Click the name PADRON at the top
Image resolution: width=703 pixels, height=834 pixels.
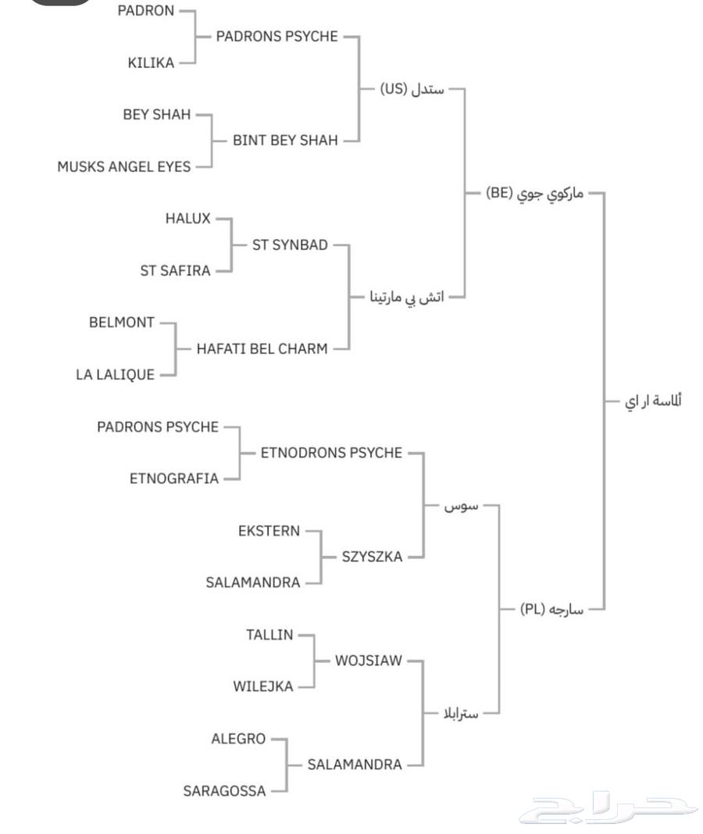(x=145, y=11)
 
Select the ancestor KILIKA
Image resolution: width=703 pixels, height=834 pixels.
(x=151, y=62)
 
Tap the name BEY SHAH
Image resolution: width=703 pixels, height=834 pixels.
(x=156, y=114)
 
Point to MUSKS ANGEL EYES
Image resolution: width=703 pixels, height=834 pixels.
(x=123, y=166)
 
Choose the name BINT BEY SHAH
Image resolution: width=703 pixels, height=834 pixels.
(x=285, y=141)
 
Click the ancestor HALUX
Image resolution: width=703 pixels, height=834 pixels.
(x=187, y=219)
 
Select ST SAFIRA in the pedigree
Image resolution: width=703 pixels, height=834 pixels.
(x=175, y=271)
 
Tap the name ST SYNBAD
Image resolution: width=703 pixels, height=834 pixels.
(x=290, y=245)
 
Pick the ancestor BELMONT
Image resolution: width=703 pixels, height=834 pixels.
(x=122, y=323)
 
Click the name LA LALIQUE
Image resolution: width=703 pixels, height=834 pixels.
(x=115, y=375)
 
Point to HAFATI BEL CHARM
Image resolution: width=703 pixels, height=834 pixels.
(x=262, y=349)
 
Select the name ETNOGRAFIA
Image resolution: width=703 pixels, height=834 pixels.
(x=174, y=479)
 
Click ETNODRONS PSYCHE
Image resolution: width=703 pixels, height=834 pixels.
(x=331, y=453)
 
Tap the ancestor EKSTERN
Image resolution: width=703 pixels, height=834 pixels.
(x=269, y=531)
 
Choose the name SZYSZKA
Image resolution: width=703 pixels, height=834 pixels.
(x=372, y=557)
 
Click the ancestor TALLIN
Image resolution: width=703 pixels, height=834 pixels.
(x=269, y=635)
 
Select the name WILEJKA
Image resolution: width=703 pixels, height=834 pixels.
(x=263, y=687)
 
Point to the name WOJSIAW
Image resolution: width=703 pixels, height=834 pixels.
(x=369, y=661)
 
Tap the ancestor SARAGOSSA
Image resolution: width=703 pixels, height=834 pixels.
(x=224, y=791)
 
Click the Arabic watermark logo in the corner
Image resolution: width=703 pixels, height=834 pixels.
(x=608, y=809)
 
